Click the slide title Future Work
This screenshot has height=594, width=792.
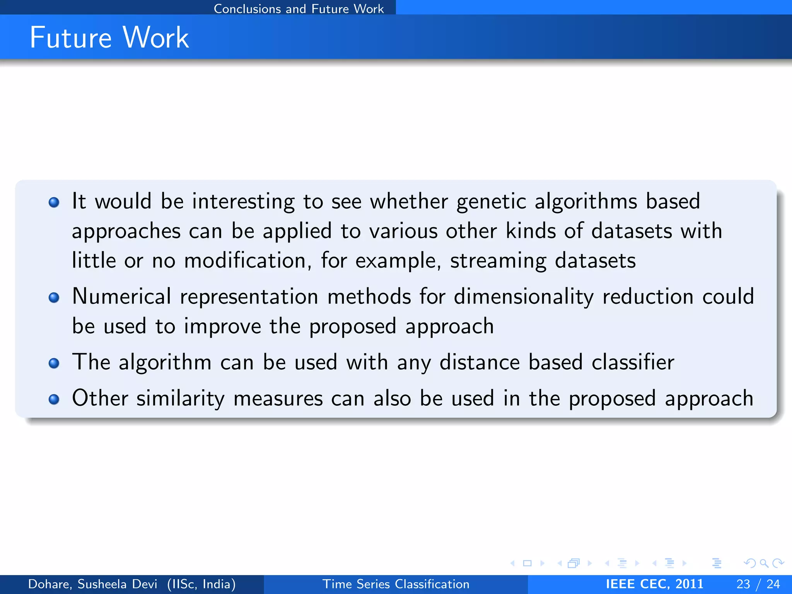click(x=109, y=38)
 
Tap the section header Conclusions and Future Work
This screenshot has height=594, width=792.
click(x=299, y=9)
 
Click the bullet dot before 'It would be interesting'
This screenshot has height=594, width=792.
click(x=54, y=202)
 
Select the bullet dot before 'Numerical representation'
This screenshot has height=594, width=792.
click(x=54, y=297)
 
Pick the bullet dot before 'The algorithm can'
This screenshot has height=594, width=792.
click(x=54, y=363)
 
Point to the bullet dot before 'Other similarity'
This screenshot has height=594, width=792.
click(x=54, y=399)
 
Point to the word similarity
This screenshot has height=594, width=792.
click(x=180, y=399)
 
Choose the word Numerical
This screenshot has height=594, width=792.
click(x=121, y=297)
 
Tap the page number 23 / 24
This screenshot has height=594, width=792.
click(x=758, y=584)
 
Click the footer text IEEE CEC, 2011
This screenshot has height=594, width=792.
click(x=654, y=584)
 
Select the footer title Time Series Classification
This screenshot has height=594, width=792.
click(x=396, y=584)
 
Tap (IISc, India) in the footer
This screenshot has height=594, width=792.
click(x=201, y=584)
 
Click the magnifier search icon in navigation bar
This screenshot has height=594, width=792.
click(x=764, y=563)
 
